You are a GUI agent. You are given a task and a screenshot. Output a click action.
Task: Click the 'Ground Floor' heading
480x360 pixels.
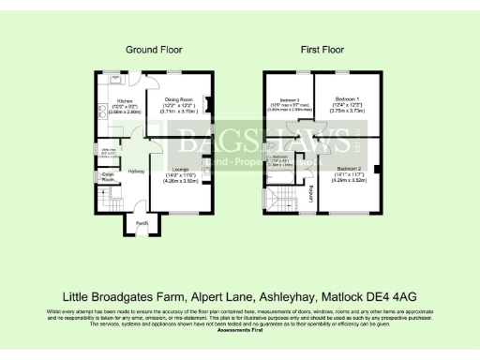(154, 49)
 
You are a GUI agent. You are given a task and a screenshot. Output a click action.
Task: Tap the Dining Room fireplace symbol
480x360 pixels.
(208, 103)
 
